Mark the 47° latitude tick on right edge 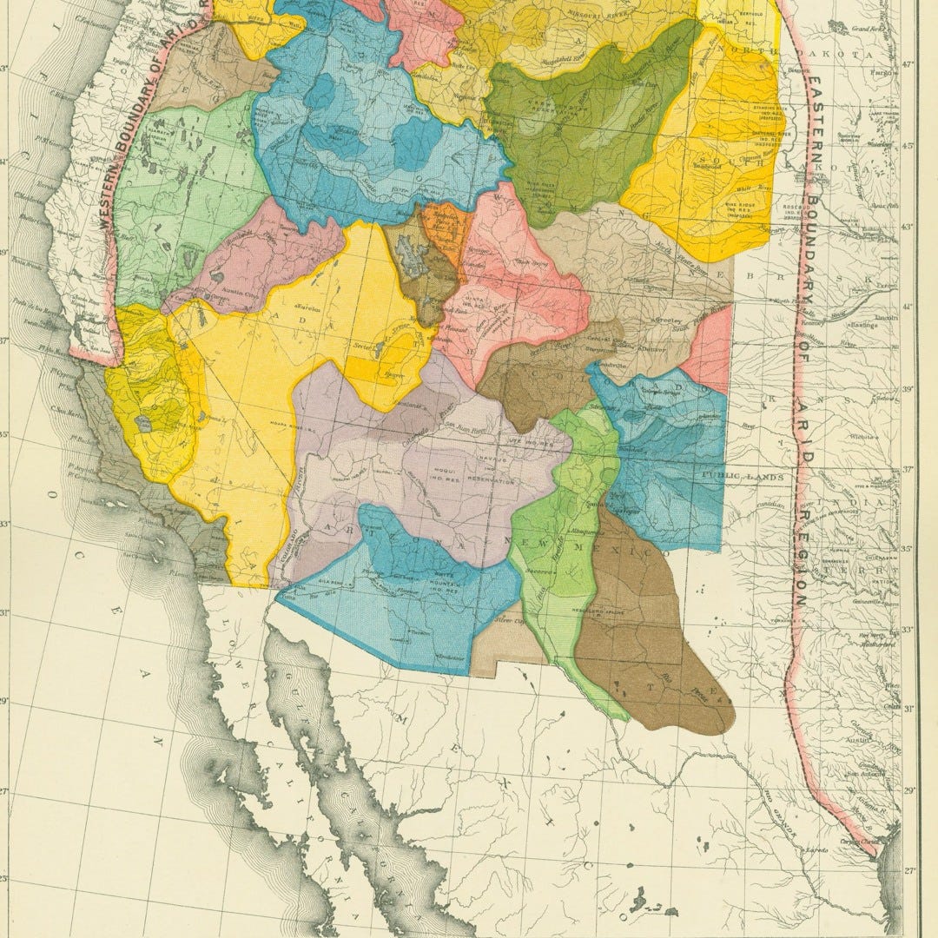tap(908, 64)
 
